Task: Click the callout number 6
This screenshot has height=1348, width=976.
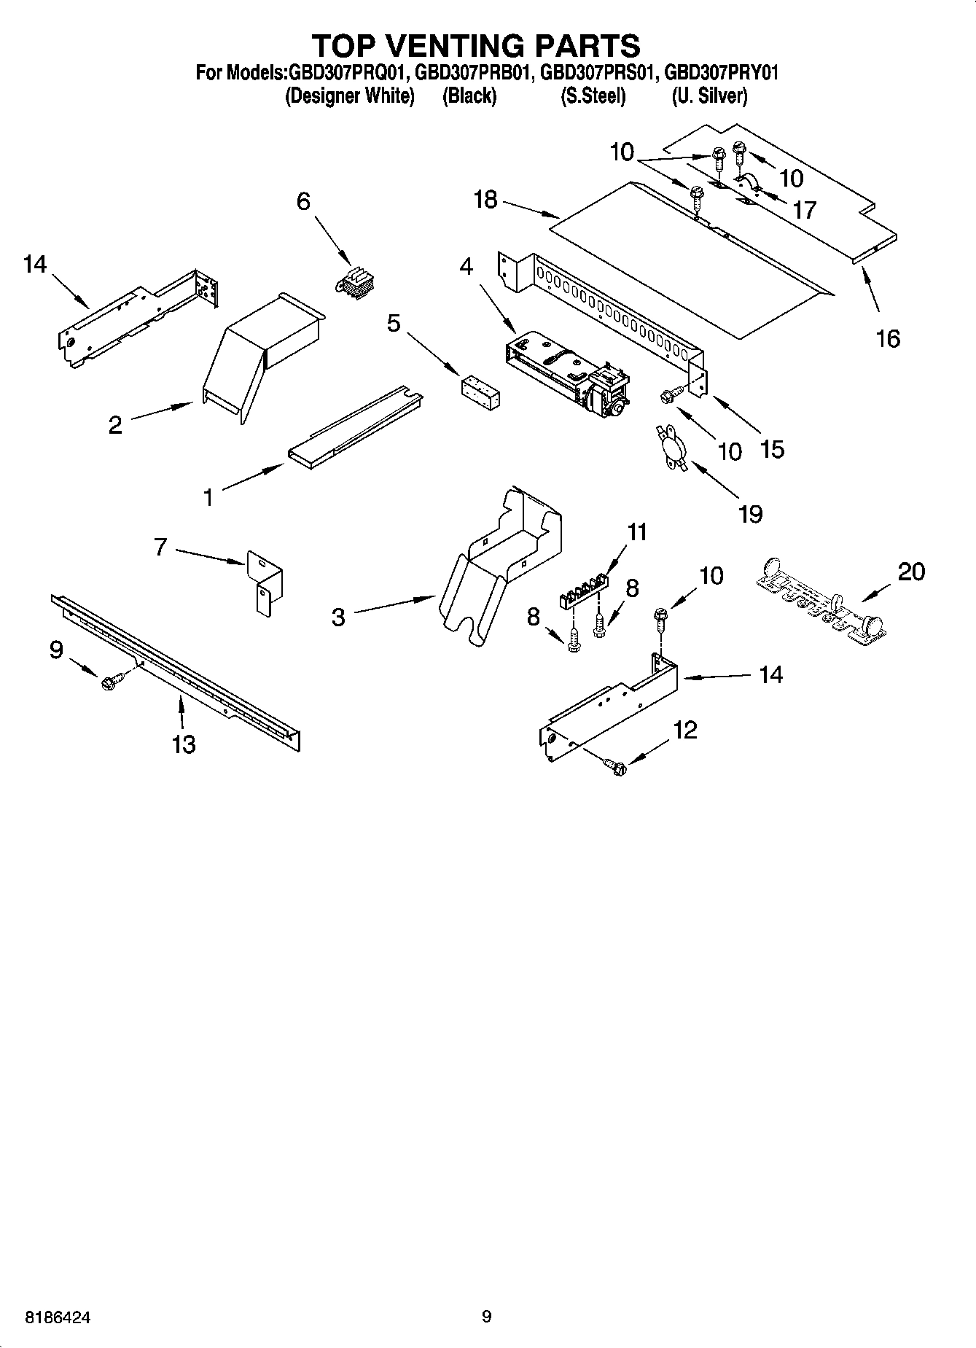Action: (x=303, y=200)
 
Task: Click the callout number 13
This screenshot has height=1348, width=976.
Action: (x=184, y=744)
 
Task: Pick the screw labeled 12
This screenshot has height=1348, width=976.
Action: (x=616, y=766)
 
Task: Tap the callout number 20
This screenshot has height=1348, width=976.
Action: (x=911, y=571)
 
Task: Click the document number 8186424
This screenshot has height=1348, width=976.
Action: (x=58, y=1317)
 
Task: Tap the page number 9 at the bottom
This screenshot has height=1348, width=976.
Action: (x=487, y=1317)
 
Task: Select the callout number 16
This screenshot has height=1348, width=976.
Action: (x=888, y=338)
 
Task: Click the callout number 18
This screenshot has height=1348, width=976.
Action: (x=485, y=199)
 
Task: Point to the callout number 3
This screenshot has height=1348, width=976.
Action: (x=337, y=617)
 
